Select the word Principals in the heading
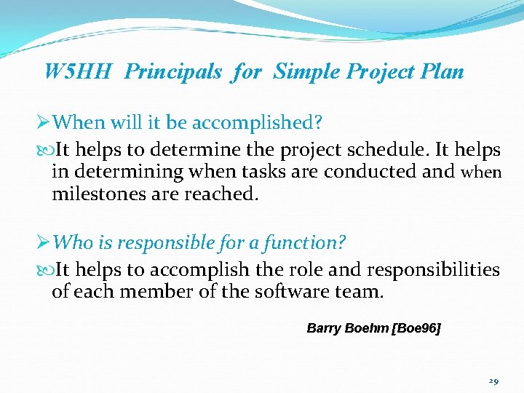[x=173, y=72]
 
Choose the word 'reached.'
[x=223, y=194]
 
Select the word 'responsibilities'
[x=433, y=270]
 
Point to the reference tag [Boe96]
[x=416, y=328]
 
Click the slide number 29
[x=493, y=381]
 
